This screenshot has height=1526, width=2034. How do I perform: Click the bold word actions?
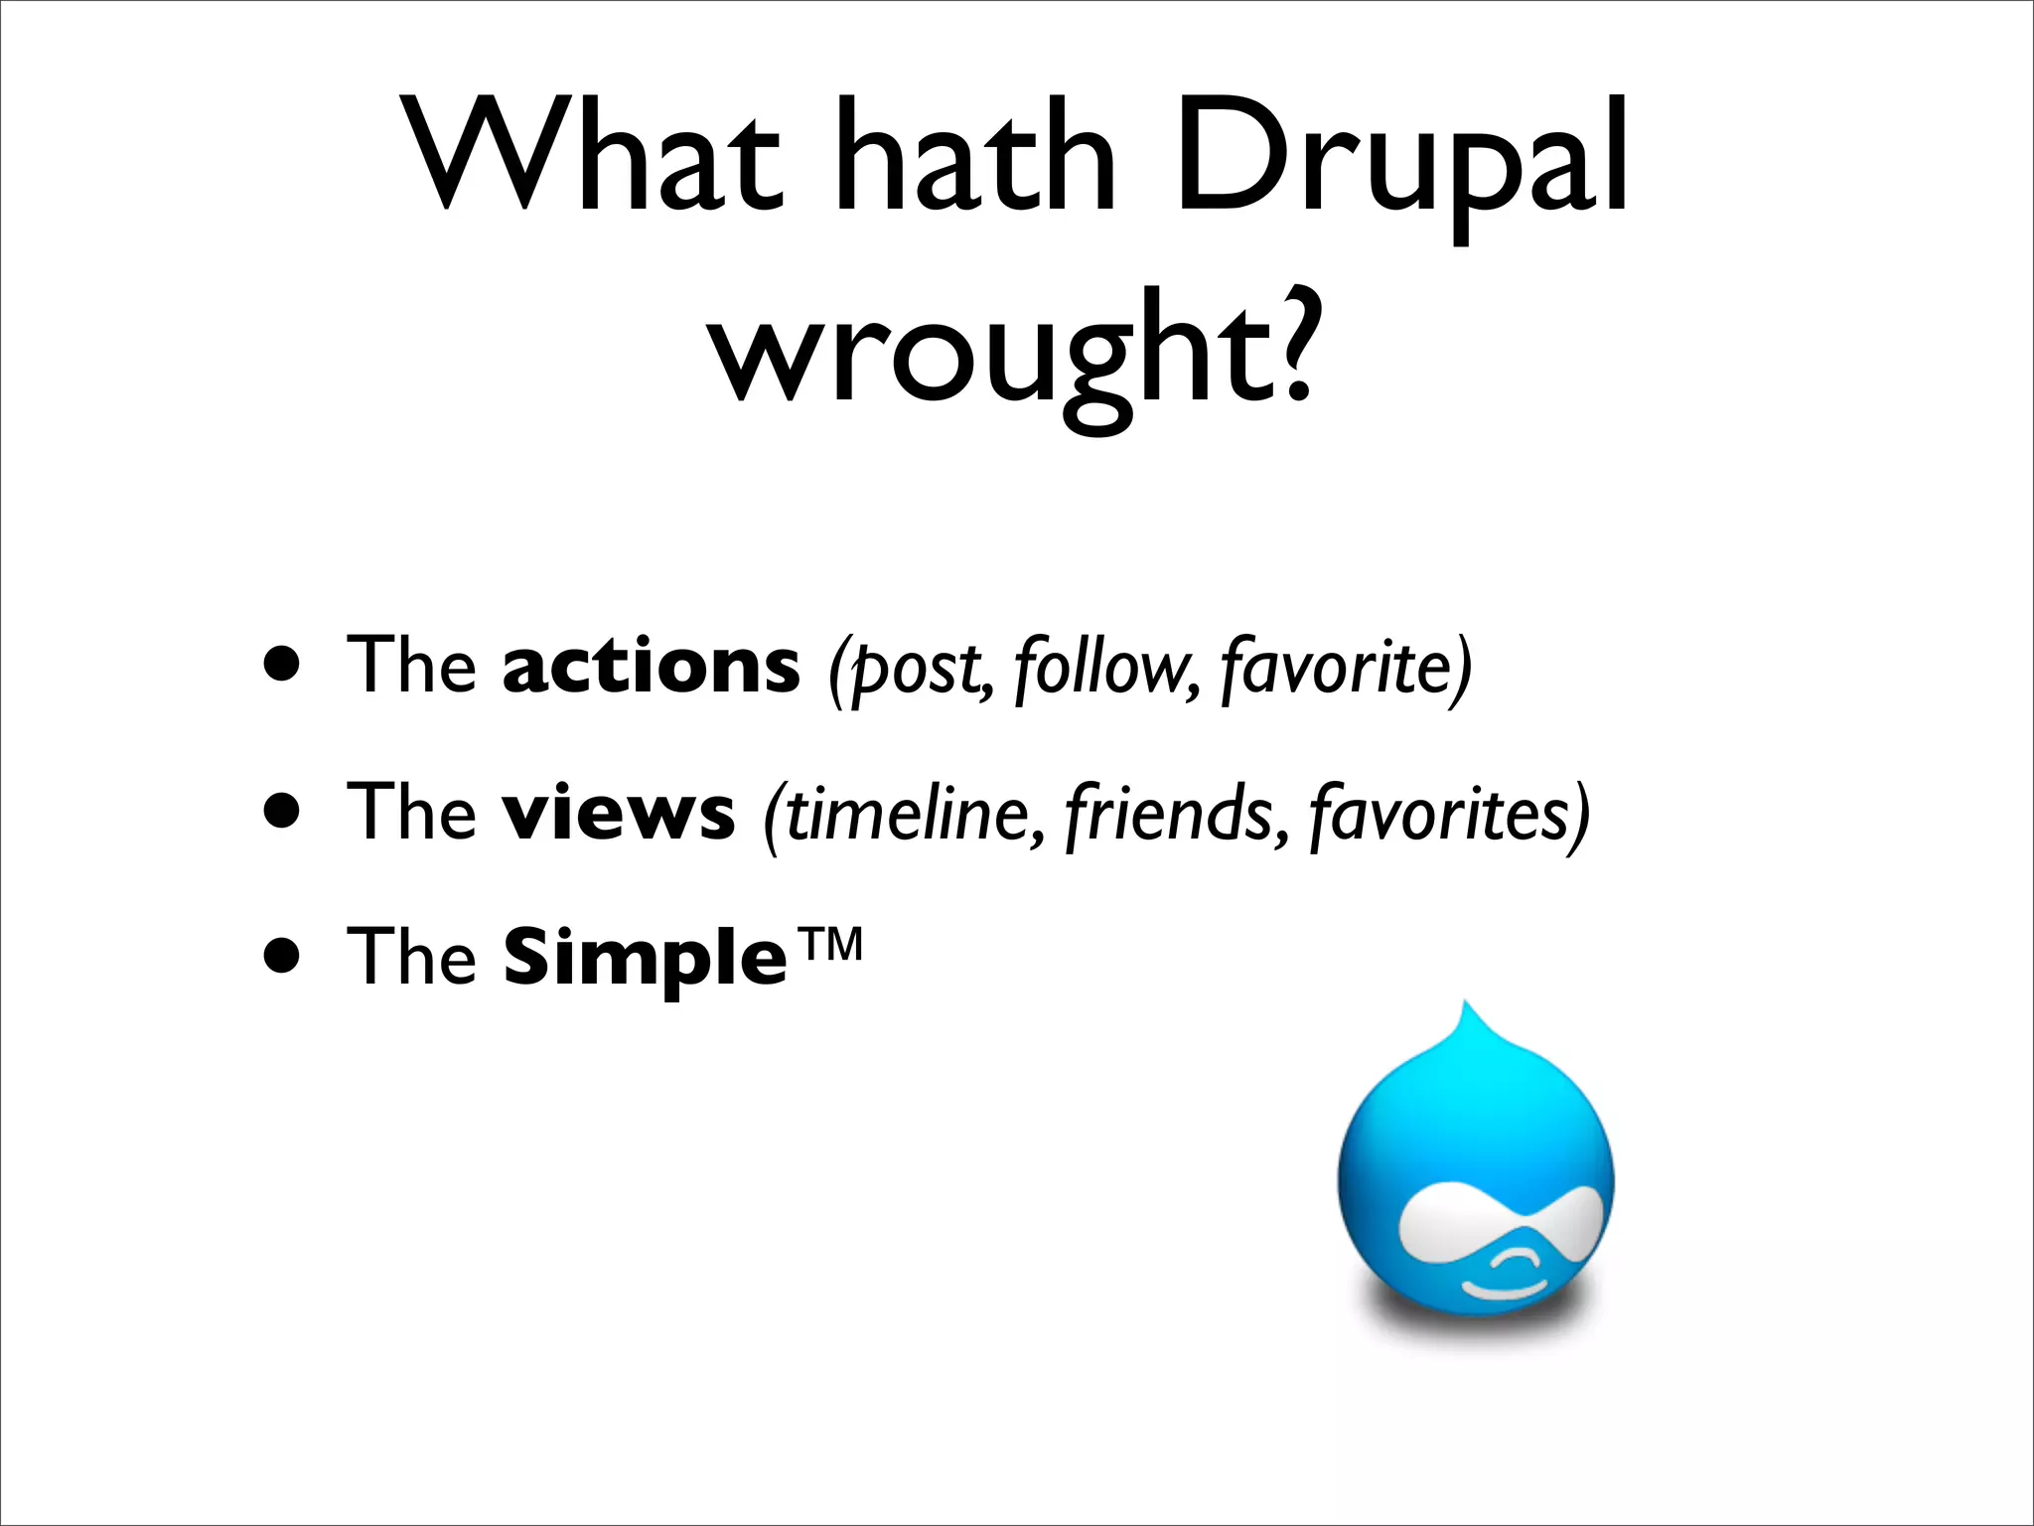point(651,666)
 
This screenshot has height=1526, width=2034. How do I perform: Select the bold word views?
point(618,812)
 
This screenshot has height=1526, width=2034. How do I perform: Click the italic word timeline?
point(910,812)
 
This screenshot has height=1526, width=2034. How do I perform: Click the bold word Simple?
point(646,957)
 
